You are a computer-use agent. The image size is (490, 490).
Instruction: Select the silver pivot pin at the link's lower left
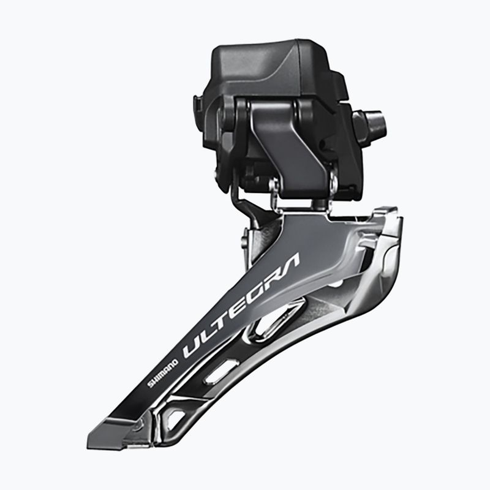click(x=274, y=187)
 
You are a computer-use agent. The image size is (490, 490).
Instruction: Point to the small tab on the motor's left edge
click(x=198, y=104)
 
